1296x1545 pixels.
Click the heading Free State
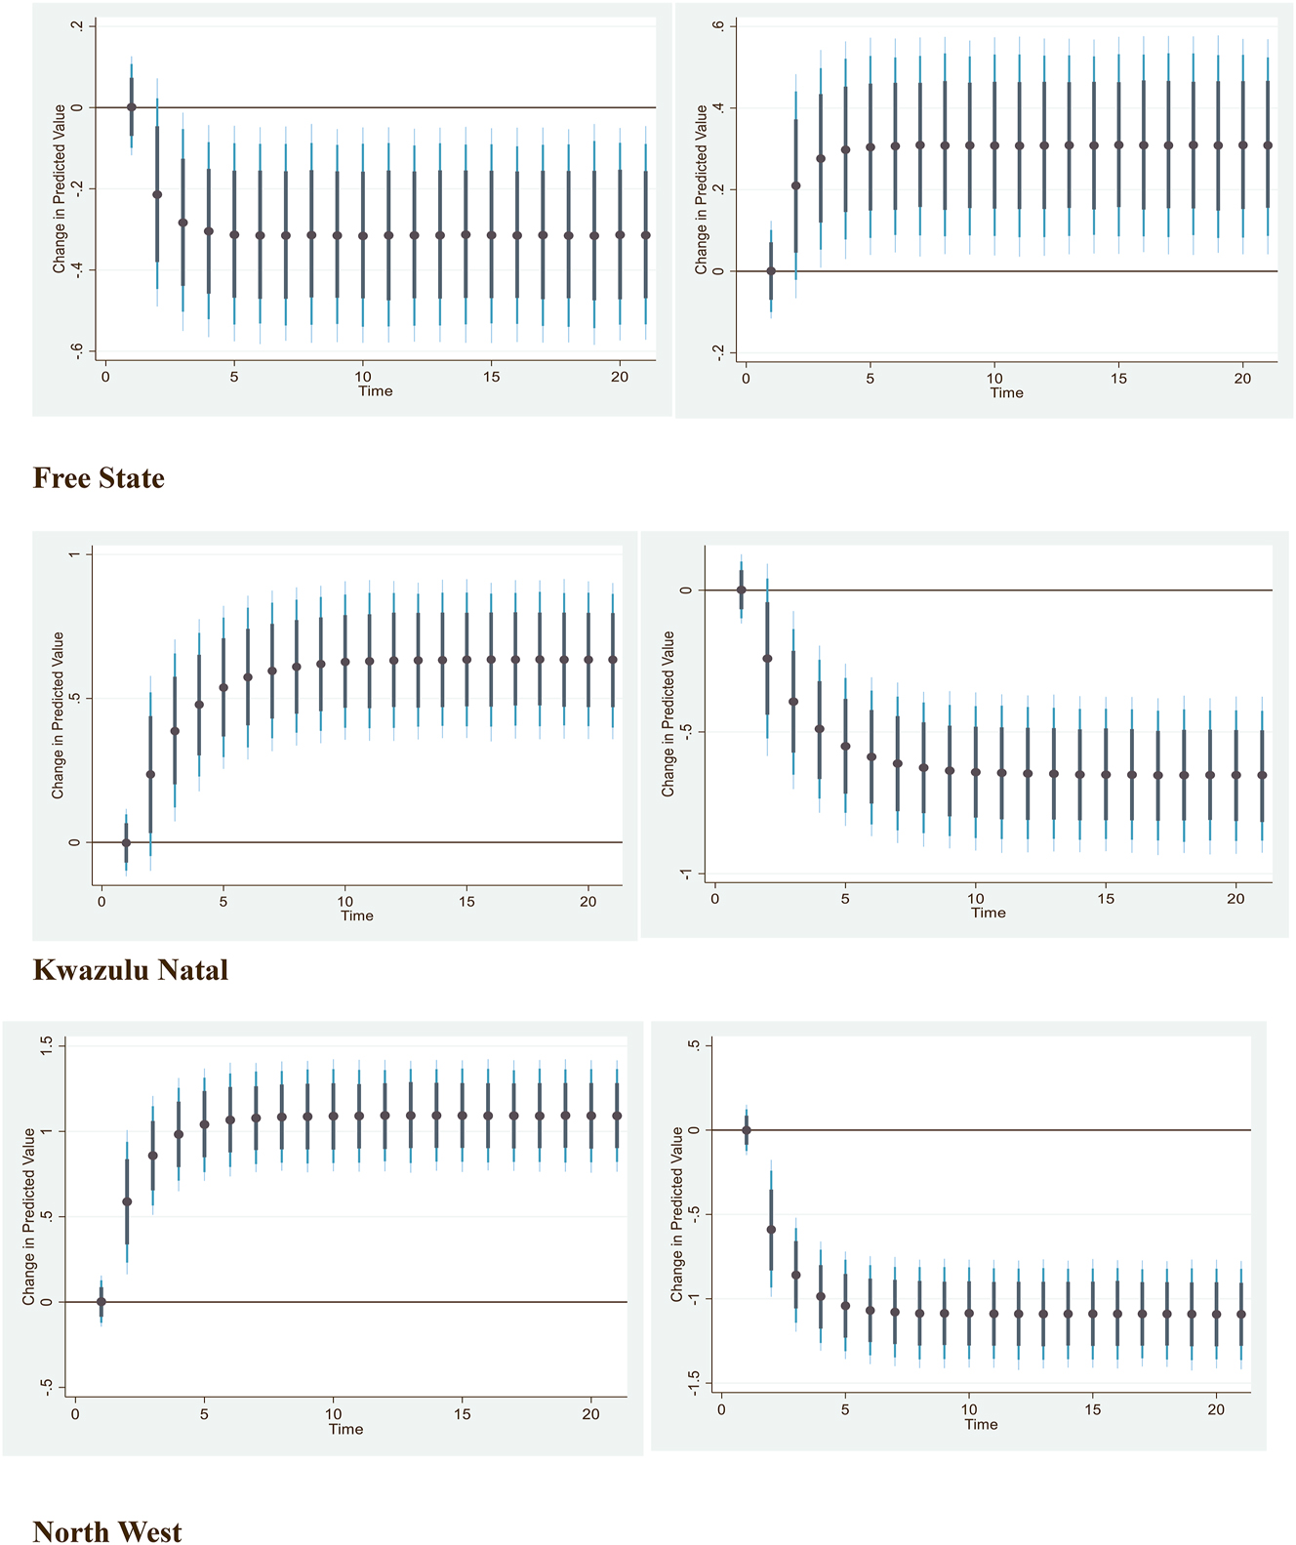99,478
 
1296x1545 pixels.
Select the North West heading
107,1530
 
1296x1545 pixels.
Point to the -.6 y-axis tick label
78,351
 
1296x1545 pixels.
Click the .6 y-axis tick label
718,25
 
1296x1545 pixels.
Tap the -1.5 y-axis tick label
693,1382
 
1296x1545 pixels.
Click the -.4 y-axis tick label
78,270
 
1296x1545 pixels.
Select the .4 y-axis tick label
718,107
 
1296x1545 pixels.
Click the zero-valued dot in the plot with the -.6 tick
132,107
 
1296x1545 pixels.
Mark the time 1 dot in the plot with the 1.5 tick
101,1302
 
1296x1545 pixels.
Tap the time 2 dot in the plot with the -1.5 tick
771,1230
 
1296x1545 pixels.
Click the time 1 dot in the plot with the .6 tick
771,271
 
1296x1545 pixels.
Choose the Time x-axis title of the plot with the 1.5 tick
345,1429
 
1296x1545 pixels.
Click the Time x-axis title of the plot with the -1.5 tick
981,1424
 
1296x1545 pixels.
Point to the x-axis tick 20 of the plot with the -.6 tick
620,377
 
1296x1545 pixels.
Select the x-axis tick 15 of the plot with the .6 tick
1118,379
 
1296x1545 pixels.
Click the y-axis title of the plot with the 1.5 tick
29,1216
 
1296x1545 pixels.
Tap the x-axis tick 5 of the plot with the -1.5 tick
845,1409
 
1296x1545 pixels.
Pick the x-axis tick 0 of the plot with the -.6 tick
105,377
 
